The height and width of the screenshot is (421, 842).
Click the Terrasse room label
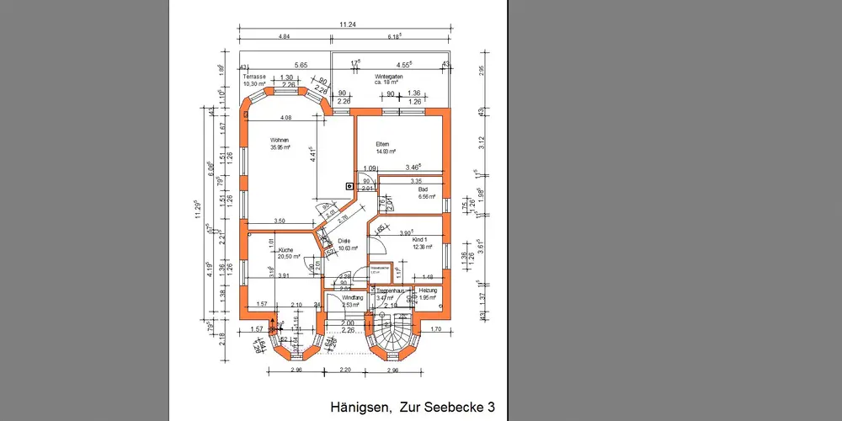(254, 77)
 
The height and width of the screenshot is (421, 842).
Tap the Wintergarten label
(391, 77)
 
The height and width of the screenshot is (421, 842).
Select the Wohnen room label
(280, 140)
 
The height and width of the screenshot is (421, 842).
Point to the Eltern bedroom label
(384, 144)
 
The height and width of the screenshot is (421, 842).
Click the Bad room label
(423, 190)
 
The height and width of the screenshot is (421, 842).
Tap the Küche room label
(285, 251)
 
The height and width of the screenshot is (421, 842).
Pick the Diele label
(344, 242)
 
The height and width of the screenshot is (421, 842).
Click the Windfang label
(353, 298)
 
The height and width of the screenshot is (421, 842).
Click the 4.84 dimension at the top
(285, 37)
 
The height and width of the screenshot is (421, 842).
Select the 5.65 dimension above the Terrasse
(301, 65)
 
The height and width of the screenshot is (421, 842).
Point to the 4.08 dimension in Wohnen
(285, 118)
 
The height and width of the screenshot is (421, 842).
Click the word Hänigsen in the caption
(360, 407)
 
